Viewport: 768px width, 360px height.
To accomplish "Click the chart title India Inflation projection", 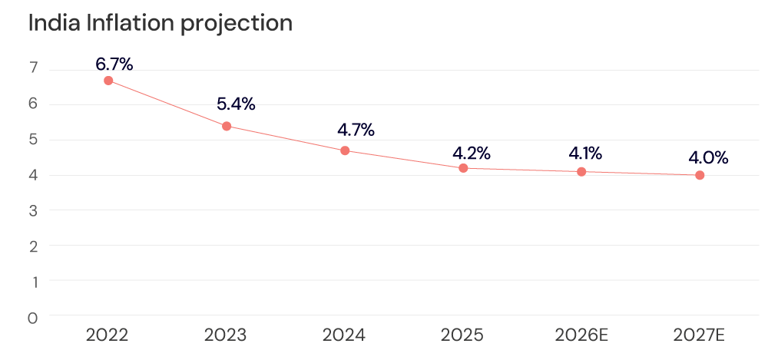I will pos(160,24).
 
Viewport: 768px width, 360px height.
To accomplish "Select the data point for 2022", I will pos(108,81).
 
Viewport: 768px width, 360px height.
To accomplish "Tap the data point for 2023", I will pos(227,126).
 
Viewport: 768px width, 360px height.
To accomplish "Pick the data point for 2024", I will pos(345,150).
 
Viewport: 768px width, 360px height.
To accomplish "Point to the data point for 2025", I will pos(463,168).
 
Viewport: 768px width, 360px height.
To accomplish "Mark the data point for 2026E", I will pos(581,171).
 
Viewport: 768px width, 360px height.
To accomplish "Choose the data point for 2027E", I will pos(700,175).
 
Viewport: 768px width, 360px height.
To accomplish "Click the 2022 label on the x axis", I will pos(108,335).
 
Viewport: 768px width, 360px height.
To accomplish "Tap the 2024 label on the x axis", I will pos(344,335).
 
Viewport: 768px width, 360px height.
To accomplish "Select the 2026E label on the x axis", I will pos(581,335).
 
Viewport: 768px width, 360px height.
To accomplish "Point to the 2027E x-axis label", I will pos(700,335).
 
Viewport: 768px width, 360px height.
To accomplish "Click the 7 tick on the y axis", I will pos(33,69).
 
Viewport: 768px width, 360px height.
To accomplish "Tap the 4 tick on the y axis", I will pos(33,175).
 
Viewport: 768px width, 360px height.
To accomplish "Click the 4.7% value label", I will pos(356,130).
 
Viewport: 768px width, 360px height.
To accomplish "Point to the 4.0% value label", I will pos(708,158).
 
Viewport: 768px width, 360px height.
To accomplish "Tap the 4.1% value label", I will pos(585,153).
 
